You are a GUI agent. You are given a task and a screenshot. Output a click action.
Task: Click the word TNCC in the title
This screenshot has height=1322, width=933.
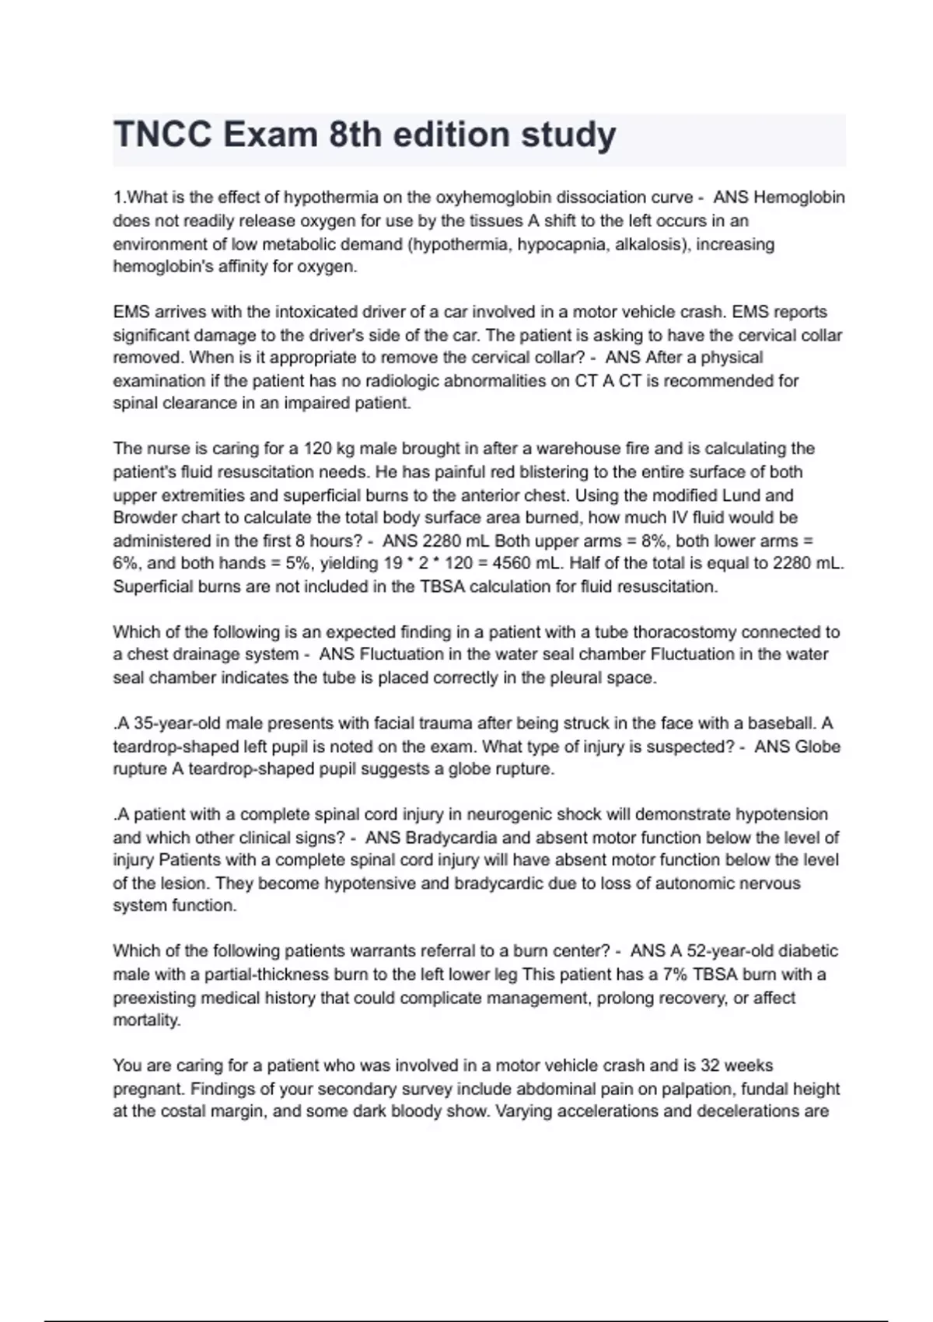coord(162,135)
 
